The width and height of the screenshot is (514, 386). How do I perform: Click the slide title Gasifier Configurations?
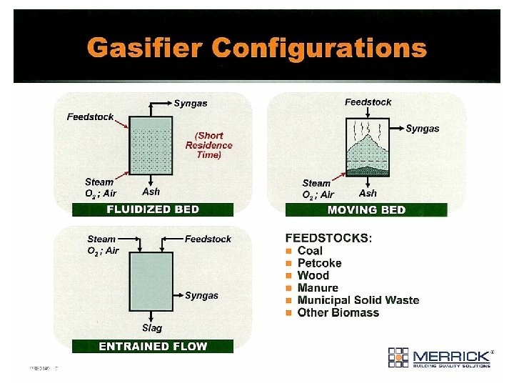point(257,48)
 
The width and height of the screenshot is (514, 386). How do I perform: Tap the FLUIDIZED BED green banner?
point(153,209)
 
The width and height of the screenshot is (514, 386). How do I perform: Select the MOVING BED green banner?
point(366,210)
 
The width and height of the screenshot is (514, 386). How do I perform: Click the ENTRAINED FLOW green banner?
point(153,347)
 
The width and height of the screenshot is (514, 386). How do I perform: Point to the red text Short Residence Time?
point(209,145)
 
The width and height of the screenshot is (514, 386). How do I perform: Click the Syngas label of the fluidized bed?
point(191,103)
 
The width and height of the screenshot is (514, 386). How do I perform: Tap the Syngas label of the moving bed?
point(423,129)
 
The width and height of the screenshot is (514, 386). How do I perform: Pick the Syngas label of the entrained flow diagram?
point(201,295)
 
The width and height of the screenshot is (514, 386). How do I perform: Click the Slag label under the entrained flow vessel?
point(152,328)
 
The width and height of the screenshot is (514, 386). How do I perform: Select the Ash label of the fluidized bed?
point(151,192)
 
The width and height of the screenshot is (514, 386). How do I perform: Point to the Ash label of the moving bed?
point(368,193)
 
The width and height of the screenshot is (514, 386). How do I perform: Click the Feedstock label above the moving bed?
point(368,102)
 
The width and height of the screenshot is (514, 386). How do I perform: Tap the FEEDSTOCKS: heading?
point(329,237)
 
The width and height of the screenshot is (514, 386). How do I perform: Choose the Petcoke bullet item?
point(319,263)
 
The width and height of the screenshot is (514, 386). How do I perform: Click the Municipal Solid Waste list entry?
point(358,300)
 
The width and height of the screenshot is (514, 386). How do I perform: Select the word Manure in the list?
point(318,288)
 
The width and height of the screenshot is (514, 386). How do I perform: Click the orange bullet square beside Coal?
point(289,251)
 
